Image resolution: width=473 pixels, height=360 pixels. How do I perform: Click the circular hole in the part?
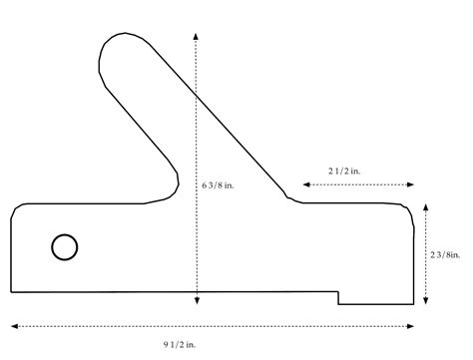coord(65,246)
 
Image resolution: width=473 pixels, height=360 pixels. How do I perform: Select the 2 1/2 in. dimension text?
coord(345,172)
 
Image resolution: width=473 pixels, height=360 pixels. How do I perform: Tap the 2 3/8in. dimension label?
coord(445,254)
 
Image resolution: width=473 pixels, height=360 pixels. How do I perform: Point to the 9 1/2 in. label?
coord(180,343)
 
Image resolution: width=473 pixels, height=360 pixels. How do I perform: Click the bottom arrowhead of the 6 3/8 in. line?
coord(197,302)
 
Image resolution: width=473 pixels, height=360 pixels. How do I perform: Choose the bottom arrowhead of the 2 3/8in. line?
coord(427,302)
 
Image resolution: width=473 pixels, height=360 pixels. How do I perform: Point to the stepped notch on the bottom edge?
coord(339,297)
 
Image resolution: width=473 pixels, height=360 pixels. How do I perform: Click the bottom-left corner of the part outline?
coord(12,292)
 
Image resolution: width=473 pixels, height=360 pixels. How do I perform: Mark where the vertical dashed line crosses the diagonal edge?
coord(197,95)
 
